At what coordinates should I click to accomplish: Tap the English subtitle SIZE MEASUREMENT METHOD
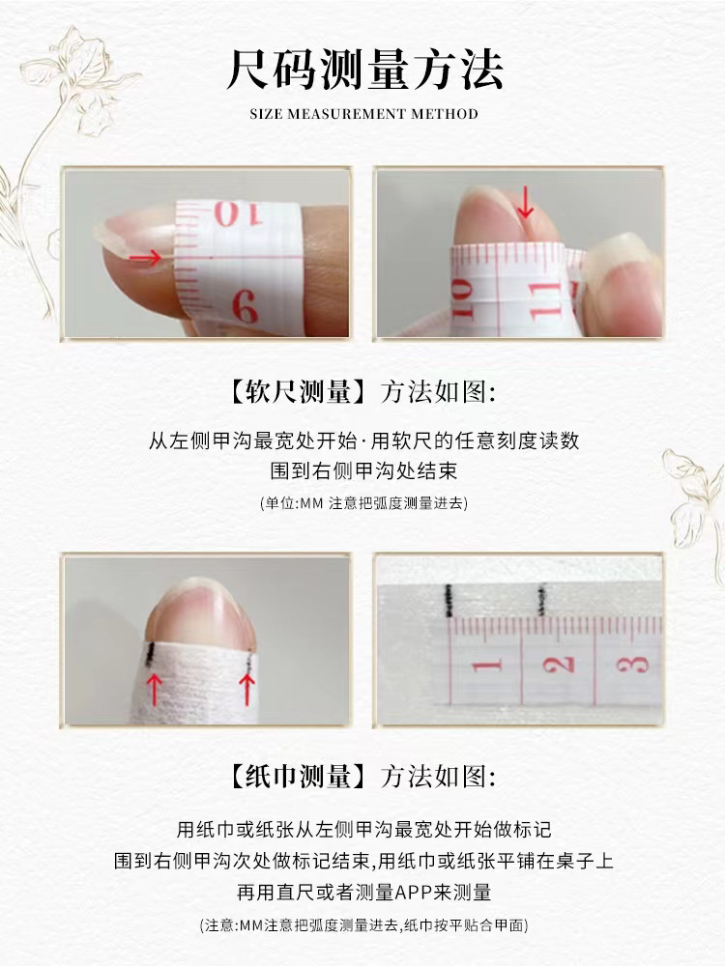click(x=363, y=114)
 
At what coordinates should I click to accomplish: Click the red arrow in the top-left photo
click(x=146, y=258)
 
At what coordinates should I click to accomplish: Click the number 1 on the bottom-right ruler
click(x=487, y=665)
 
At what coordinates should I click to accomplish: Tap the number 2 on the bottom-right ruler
click(x=558, y=665)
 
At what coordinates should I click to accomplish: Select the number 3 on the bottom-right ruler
click(x=630, y=665)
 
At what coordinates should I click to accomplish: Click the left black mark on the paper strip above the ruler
click(x=448, y=600)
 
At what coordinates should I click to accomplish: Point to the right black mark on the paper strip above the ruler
click(x=539, y=602)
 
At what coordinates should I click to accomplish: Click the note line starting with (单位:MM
click(x=363, y=503)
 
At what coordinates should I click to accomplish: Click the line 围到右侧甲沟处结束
click(x=363, y=472)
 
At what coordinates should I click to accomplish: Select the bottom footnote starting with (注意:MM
click(x=363, y=924)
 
